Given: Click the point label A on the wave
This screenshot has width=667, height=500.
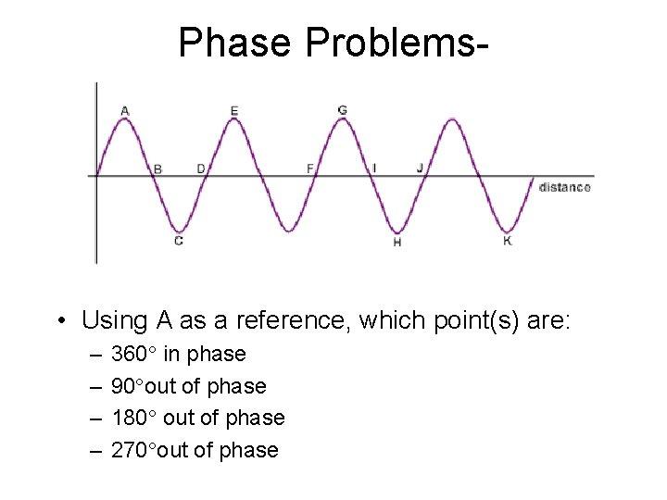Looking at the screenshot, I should click(125, 111).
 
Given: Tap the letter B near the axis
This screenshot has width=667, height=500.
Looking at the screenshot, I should click(157, 169).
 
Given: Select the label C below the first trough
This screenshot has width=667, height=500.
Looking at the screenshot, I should click(179, 241).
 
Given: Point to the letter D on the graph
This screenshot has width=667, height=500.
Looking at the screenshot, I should click(201, 169).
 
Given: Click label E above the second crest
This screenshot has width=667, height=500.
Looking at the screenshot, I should click(234, 111).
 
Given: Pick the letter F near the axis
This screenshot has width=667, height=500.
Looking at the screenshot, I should click(310, 169).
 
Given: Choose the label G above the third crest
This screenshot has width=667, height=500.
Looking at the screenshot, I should click(343, 110).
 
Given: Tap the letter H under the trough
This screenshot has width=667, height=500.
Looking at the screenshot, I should click(397, 242).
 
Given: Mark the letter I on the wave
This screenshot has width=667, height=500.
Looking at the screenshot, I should click(374, 168).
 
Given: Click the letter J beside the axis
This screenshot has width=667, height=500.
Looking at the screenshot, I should click(420, 168).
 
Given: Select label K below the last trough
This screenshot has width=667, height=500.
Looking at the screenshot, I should click(507, 241).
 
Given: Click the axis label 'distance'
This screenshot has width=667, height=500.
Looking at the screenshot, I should click(564, 187).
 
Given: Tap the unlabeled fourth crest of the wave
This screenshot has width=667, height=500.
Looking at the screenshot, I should click(452, 119).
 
